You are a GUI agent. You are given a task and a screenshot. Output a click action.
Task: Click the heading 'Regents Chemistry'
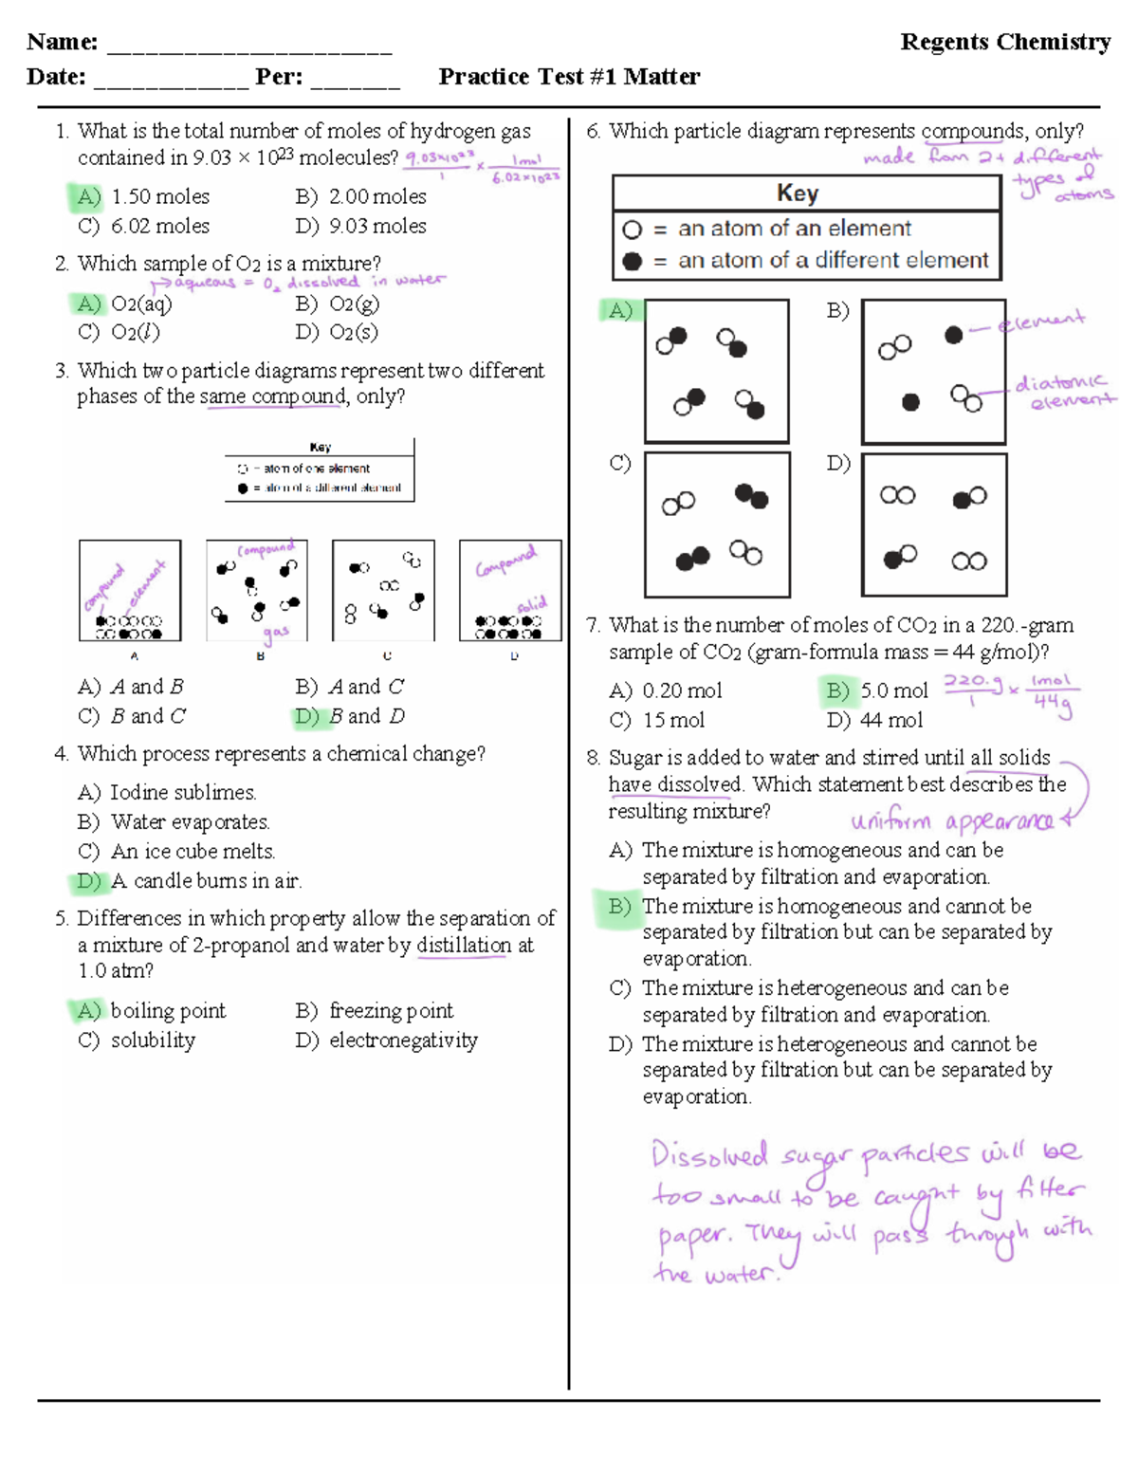click(1005, 42)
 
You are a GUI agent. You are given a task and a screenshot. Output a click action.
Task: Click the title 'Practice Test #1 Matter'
click(569, 77)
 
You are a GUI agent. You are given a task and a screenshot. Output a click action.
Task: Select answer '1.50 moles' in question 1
click(159, 197)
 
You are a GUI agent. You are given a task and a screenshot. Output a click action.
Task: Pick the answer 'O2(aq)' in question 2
click(141, 304)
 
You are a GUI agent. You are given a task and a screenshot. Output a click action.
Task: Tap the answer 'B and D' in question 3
click(366, 716)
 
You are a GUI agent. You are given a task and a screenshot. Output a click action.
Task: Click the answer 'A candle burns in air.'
click(206, 881)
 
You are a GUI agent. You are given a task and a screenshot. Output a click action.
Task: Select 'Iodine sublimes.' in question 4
click(183, 792)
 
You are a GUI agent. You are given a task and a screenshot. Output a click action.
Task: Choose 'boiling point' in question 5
click(168, 1011)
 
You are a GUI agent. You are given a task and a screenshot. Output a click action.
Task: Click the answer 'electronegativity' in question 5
click(403, 1040)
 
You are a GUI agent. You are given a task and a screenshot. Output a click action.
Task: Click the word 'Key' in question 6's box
click(798, 193)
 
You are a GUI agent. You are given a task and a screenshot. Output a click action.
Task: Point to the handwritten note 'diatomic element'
click(1063, 391)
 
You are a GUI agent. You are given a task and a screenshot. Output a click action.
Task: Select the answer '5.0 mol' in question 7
click(893, 691)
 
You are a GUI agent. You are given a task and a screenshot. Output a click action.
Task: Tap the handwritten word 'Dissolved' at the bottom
click(709, 1155)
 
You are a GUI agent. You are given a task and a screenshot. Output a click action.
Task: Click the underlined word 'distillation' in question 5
click(464, 946)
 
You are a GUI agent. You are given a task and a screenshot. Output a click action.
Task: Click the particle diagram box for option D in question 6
click(933, 525)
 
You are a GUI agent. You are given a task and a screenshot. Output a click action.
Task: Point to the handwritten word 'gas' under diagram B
click(276, 633)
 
